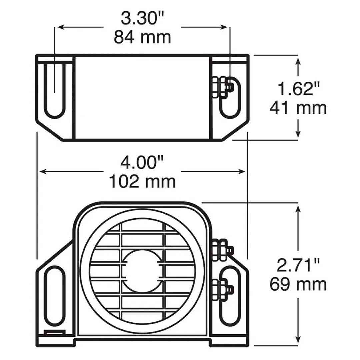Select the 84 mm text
(142, 37)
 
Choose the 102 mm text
(142, 182)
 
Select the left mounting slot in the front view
(54, 295)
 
